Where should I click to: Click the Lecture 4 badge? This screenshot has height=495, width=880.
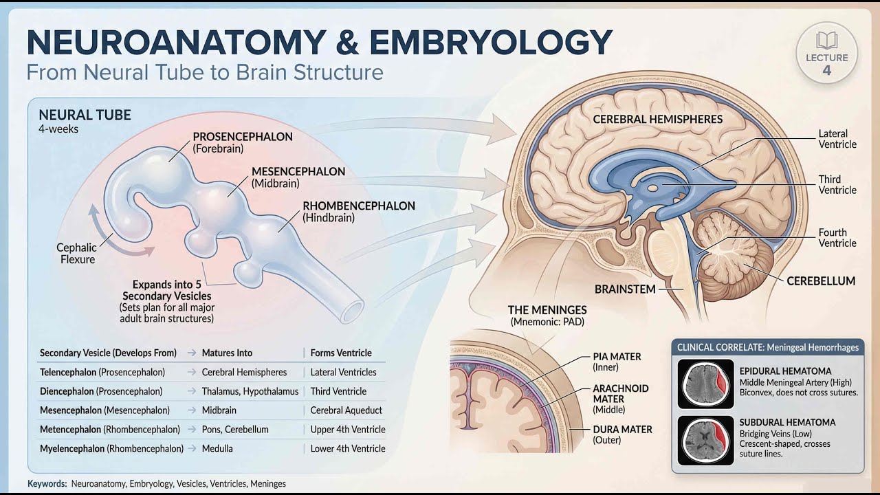826,54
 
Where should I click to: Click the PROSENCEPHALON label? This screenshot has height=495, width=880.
243,142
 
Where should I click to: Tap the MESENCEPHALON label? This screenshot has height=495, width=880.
298,177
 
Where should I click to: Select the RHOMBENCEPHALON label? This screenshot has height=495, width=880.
359,211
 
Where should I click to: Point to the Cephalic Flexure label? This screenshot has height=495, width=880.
77,254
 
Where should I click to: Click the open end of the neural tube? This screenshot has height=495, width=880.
352,311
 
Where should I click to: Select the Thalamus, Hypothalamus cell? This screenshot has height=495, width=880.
250,391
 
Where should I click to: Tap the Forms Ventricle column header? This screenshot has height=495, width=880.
341,353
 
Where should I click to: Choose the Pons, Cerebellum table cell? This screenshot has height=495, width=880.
235,430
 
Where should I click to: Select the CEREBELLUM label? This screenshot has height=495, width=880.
821,281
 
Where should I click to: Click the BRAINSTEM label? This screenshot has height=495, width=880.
624,289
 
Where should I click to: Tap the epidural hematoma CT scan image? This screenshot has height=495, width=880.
705,384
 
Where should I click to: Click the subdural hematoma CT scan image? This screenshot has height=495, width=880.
705,439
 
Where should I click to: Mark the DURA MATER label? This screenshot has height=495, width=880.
622,434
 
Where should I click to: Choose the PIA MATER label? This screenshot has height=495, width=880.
617,362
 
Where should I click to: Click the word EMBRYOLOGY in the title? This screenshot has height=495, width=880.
490,43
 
